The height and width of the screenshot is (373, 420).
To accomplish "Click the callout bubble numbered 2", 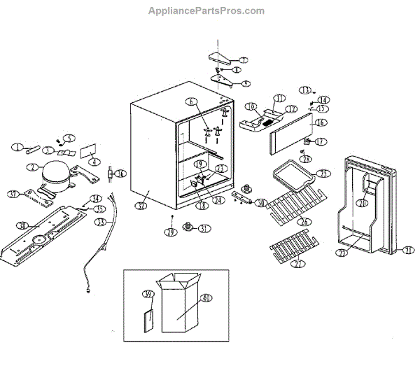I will [32, 167].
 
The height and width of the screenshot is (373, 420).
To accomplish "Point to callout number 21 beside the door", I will [408, 249].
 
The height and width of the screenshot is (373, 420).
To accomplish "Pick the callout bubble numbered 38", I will [22, 225].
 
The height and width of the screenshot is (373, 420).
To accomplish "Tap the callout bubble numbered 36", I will [120, 174].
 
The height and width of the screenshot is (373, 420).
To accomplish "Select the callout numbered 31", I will [204, 229].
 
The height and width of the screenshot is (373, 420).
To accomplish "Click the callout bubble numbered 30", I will [260, 203].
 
